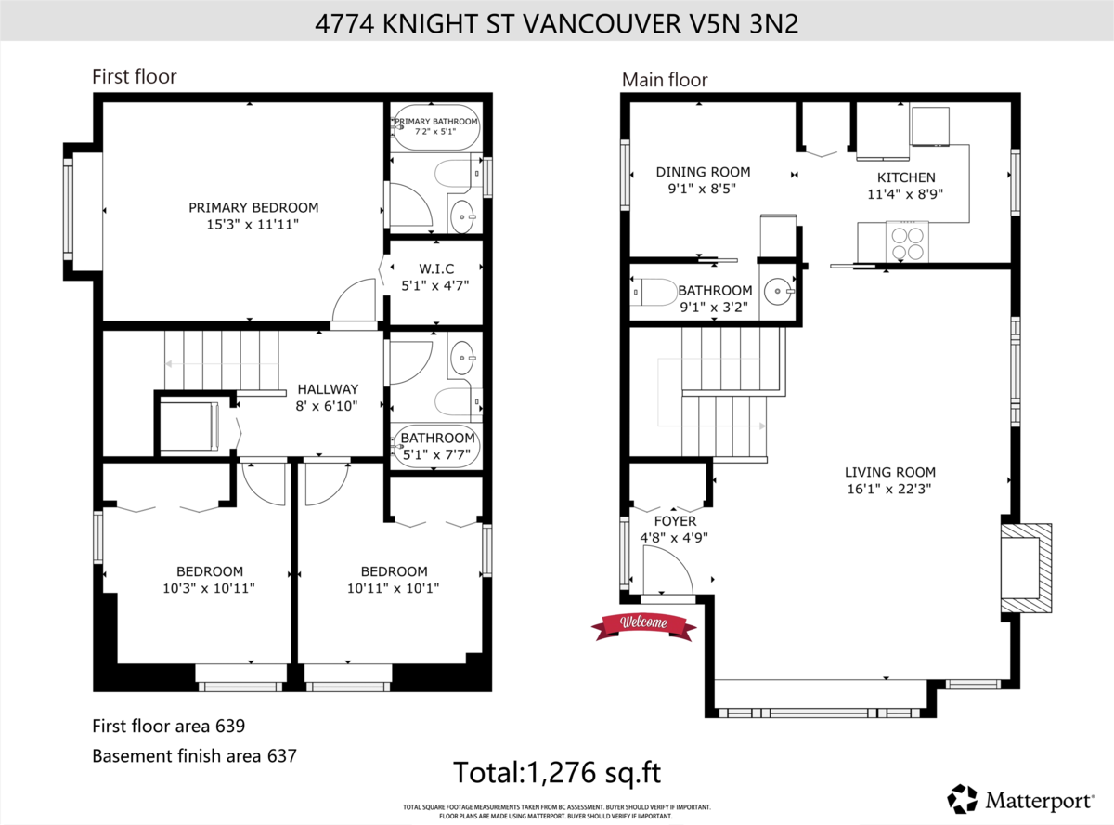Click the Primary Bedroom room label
tap(253, 207)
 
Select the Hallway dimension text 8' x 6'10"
tap(327, 406)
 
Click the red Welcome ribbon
tap(643, 624)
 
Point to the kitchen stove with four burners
tap(907, 242)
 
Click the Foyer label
tap(674, 521)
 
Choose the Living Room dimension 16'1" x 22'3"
tap(889, 489)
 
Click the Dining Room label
tap(703, 172)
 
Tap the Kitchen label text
tap(906, 177)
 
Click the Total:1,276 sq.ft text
tap(556, 772)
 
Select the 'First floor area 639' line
tap(168, 726)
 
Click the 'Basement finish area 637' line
tap(194, 756)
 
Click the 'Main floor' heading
tap(665, 81)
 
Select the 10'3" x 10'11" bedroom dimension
tap(210, 587)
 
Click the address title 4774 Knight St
tap(557, 23)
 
